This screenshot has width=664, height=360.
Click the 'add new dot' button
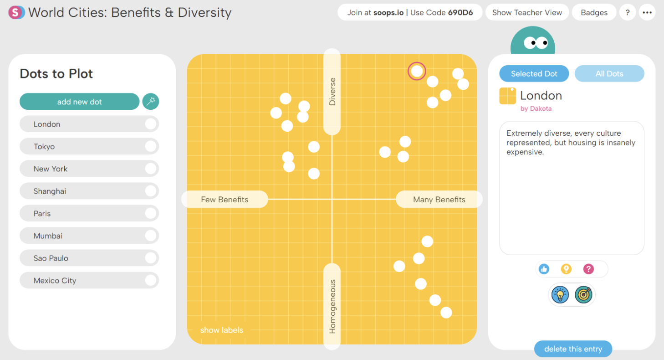click(x=79, y=102)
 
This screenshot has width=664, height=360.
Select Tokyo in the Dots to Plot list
click(x=89, y=146)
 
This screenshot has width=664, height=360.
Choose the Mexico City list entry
click(x=89, y=281)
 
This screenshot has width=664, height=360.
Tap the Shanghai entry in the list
click(x=89, y=191)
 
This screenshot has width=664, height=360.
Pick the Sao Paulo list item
click(x=89, y=258)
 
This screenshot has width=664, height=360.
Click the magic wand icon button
click(x=151, y=102)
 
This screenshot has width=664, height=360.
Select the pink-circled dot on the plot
click(x=417, y=71)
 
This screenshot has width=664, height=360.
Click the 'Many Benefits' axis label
click(x=439, y=200)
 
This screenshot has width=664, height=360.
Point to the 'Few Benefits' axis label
click(x=225, y=200)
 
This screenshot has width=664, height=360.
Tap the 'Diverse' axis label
click(x=332, y=92)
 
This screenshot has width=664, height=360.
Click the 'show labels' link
click(x=222, y=330)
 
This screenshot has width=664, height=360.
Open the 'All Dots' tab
click(x=609, y=73)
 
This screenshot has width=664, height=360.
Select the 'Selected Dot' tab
click(x=534, y=73)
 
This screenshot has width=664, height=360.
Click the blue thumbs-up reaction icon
click(x=544, y=269)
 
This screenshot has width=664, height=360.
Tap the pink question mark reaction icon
click(x=588, y=269)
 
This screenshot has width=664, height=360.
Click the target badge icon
click(x=583, y=295)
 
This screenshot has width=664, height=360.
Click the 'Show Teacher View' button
click(x=527, y=12)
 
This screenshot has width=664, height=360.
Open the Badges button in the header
click(x=594, y=12)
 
